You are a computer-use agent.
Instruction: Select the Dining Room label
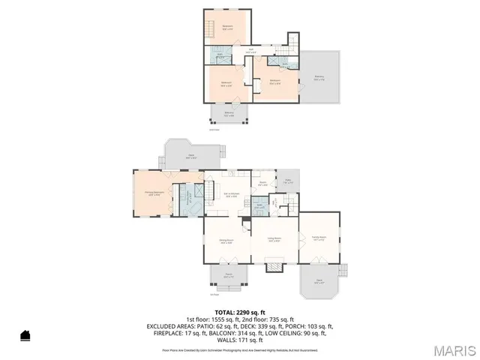click(x=225, y=241)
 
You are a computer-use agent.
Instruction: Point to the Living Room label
click(x=274, y=241)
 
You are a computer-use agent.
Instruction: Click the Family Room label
click(x=319, y=238)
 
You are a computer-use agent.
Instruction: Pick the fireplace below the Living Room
click(x=275, y=265)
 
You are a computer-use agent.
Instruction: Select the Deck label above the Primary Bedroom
click(x=190, y=157)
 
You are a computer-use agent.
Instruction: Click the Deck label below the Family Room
click(x=319, y=282)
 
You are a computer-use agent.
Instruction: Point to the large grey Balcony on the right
click(x=319, y=78)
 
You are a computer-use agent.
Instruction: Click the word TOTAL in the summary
click(x=225, y=312)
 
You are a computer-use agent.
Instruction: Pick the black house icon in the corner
click(x=25, y=335)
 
